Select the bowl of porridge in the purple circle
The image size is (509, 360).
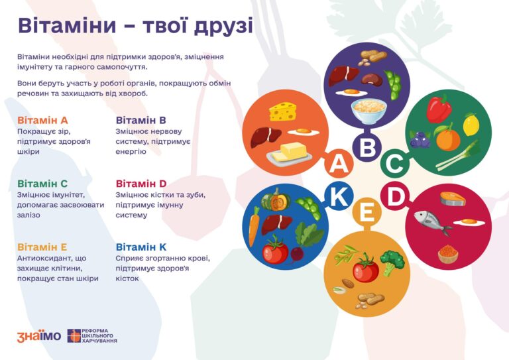(x=366, y=110)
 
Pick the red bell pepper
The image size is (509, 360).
(x=438, y=109)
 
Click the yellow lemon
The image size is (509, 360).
(x=471, y=125)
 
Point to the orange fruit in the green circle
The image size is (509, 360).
(x=447, y=139)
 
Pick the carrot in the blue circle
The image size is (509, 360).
(x=254, y=226)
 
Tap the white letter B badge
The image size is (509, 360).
(x=367, y=147)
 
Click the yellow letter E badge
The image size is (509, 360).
(x=367, y=213)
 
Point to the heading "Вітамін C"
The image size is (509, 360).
(x=42, y=184)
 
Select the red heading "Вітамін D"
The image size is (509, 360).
(x=141, y=184)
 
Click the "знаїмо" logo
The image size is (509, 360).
(x=38, y=335)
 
